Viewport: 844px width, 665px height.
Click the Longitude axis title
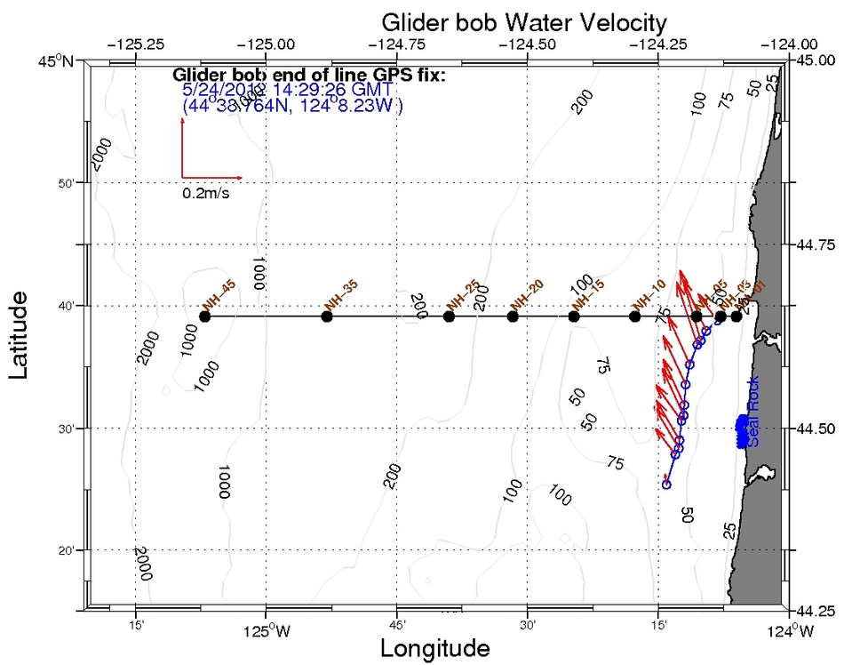tap(434, 647)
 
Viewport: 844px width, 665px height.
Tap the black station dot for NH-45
tap(205, 316)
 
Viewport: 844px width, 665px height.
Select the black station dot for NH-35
tap(327, 316)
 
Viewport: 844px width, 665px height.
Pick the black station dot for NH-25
tap(450, 316)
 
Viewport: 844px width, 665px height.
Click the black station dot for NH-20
tap(512, 316)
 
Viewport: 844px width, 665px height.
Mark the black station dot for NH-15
tap(575, 316)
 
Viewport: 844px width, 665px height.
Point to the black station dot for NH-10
tap(634, 316)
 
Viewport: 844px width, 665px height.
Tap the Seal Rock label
tap(753, 425)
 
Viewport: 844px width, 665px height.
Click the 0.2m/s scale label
tap(205, 193)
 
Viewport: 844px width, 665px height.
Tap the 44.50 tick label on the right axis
tap(816, 429)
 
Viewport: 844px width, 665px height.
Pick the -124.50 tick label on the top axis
tap(528, 43)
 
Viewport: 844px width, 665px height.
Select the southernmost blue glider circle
tap(666, 485)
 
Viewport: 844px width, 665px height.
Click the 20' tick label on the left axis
tap(71, 551)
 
